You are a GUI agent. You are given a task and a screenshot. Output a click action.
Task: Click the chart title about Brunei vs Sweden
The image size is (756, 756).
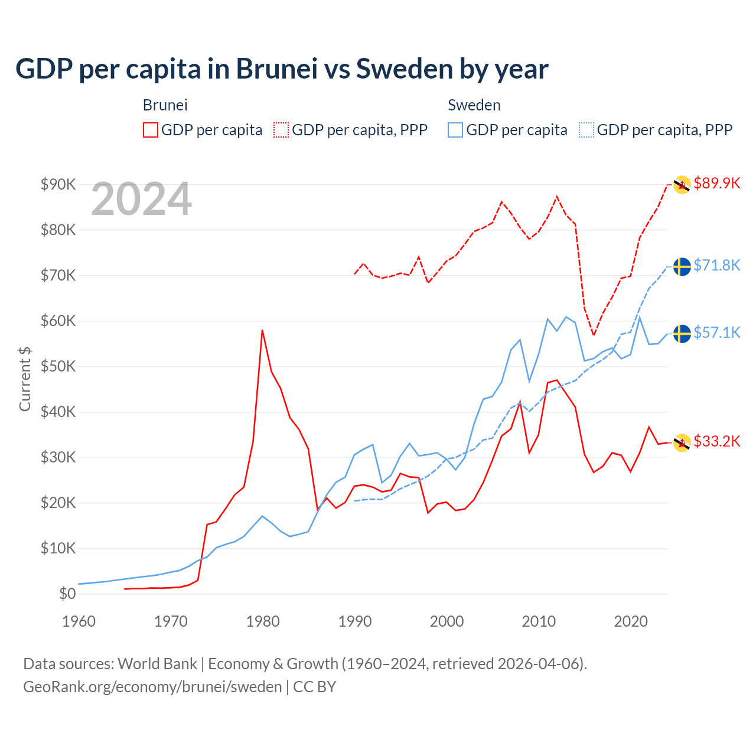pyautogui.click(x=282, y=69)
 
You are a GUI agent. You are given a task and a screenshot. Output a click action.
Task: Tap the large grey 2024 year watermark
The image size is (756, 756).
pyautogui.click(x=141, y=199)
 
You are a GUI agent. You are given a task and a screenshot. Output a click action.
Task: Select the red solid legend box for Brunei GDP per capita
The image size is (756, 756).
pyautogui.click(x=151, y=130)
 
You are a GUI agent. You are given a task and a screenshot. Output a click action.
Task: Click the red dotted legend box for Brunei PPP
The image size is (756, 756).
pyautogui.click(x=281, y=130)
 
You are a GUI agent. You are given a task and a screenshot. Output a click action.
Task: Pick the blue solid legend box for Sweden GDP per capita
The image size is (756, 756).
pyautogui.click(x=455, y=130)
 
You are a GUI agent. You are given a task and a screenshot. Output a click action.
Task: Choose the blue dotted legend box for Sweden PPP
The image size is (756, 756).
pyautogui.click(x=586, y=130)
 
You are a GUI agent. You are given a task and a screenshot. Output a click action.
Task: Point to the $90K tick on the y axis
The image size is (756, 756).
pyautogui.click(x=58, y=184)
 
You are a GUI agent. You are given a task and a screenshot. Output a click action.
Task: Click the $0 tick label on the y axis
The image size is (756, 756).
pyautogui.click(x=67, y=594)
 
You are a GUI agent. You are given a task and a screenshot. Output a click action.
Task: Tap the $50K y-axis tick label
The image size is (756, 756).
pyautogui.click(x=58, y=366)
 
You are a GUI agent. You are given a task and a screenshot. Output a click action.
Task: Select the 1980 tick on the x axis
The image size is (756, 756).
pyautogui.click(x=263, y=621)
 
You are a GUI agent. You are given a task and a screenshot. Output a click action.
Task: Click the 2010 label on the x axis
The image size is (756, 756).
pyautogui.click(x=539, y=621)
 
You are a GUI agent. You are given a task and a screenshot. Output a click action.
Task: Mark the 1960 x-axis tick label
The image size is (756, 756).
pyautogui.click(x=79, y=621)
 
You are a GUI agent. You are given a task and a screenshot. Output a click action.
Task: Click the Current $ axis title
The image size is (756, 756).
pyautogui.click(x=25, y=379)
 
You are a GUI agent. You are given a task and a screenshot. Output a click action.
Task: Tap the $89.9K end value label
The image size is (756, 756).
pyautogui.click(x=716, y=183)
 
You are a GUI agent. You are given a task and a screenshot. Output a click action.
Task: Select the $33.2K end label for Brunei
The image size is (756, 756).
pyautogui.click(x=716, y=441)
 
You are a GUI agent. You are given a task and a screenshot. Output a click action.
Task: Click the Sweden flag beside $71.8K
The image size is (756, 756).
pyautogui.click(x=682, y=266)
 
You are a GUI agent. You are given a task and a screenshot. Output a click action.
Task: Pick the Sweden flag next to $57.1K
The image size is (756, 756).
pyautogui.click(x=682, y=334)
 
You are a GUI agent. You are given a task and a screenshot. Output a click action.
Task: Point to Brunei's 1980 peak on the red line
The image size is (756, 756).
pyautogui.click(x=262, y=330)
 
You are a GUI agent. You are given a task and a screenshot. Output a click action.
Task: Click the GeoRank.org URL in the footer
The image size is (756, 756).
pyautogui.click(x=152, y=687)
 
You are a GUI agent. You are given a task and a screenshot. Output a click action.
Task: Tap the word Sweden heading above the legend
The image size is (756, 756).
pyautogui.click(x=474, y=105)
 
